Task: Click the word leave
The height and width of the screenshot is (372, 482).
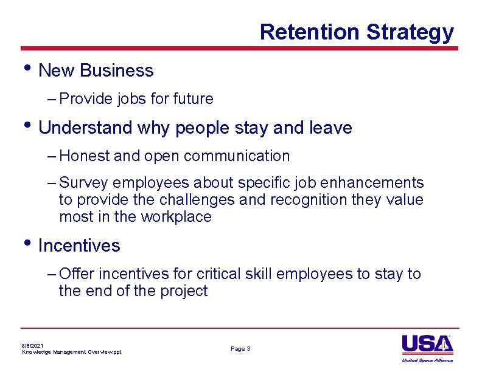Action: (330, 128)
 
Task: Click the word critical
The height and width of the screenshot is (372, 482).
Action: (218, 274)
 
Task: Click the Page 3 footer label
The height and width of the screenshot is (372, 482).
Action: (240, 349)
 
